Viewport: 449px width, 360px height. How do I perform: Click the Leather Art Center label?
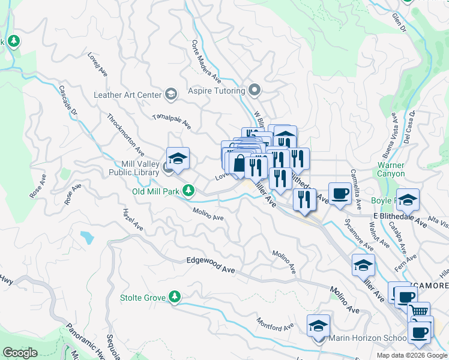point(128,95)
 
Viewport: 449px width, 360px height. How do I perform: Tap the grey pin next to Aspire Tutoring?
point(255,91)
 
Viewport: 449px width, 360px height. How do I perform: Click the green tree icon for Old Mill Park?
point(188,191)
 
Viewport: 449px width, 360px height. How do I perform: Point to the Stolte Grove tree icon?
point(174,296)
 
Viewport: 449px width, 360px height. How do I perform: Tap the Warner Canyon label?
point(391,169)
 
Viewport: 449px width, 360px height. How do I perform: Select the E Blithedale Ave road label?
point(399,216)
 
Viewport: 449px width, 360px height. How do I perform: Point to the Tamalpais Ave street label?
point(172,122)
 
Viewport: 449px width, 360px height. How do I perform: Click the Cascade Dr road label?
point(68,101)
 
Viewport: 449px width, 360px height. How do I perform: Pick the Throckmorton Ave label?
point(125,134)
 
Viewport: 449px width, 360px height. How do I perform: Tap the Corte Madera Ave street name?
point(206,62)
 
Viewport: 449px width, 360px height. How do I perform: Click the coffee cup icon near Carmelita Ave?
point(340,193)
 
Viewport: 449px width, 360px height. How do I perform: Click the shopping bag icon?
point(240,163)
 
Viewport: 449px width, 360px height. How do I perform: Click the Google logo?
point(20,353)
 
